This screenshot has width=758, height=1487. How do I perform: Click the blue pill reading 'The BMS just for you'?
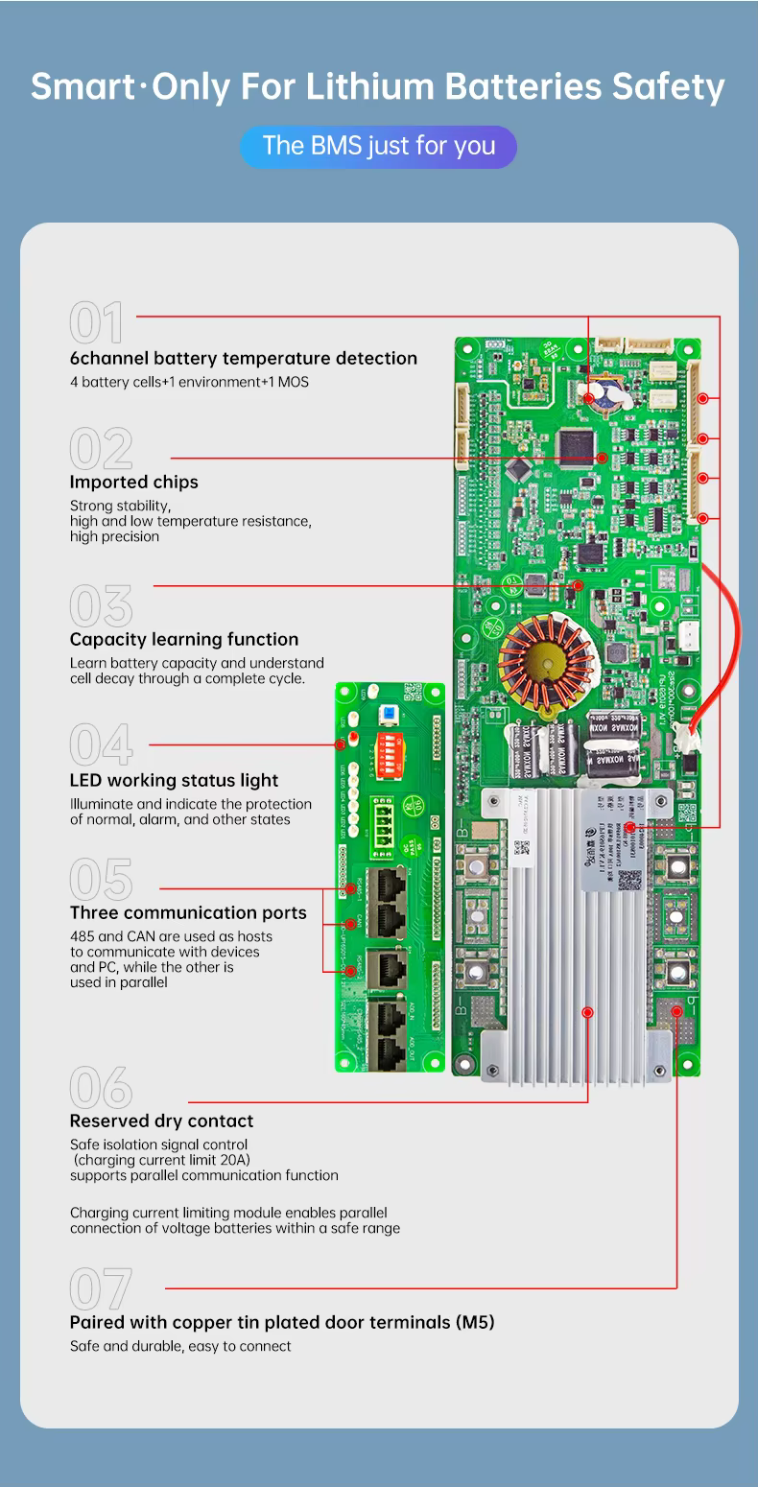[378, 147]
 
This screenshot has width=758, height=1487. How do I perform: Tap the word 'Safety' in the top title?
[669, 87]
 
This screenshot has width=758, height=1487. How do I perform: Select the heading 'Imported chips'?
[133, 482]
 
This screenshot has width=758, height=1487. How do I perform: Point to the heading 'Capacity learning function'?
[183, 639]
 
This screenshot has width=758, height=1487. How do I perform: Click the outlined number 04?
[101, 744]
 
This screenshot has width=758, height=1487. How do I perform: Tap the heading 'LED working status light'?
[174, 781]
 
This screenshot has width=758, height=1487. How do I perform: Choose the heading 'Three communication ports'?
[188, 912]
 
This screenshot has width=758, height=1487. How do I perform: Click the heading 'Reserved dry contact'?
[161, 1121]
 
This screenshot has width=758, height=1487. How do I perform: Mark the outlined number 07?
[101, 1288]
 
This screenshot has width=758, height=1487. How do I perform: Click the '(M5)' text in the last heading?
[474, 1322]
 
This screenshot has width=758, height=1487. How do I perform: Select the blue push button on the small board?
[390, 712]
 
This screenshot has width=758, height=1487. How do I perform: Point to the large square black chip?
[577, 444]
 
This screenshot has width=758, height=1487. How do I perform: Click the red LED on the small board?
[353, 737]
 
